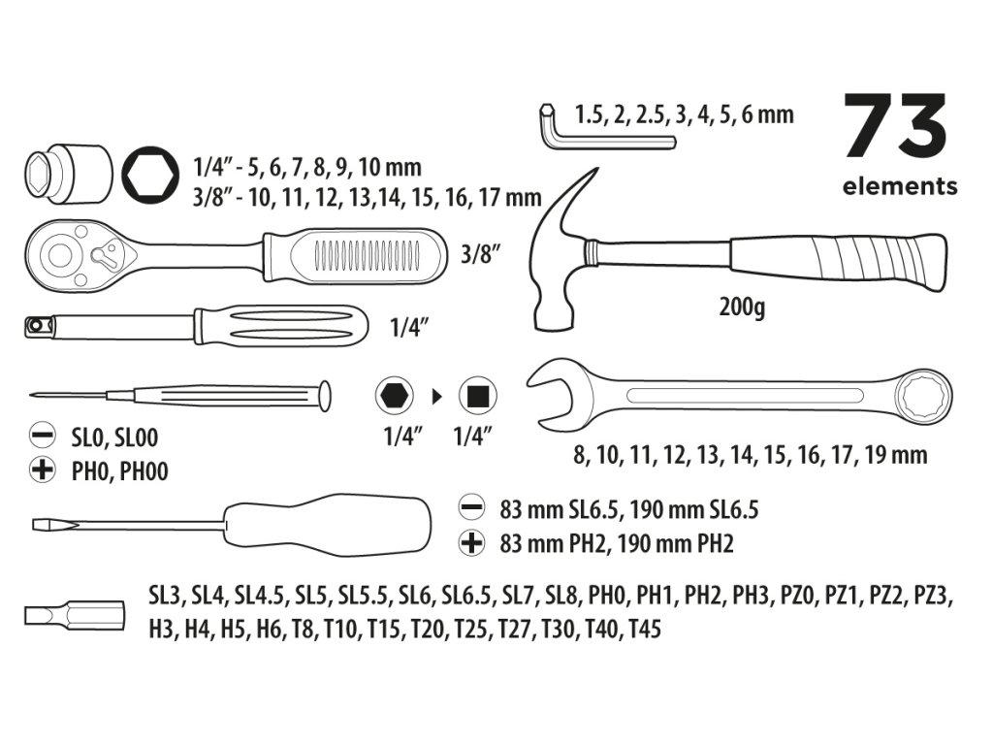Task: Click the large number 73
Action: [894, 126]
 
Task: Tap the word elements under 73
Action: [900, 186]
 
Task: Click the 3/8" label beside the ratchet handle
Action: [482, 257]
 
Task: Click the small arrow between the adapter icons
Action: [435, 396]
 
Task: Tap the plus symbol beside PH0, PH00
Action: [42, 472]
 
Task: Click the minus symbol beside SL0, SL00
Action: [42, 438]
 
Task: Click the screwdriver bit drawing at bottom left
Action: [74, 614]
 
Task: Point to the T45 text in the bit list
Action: [644, 630]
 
